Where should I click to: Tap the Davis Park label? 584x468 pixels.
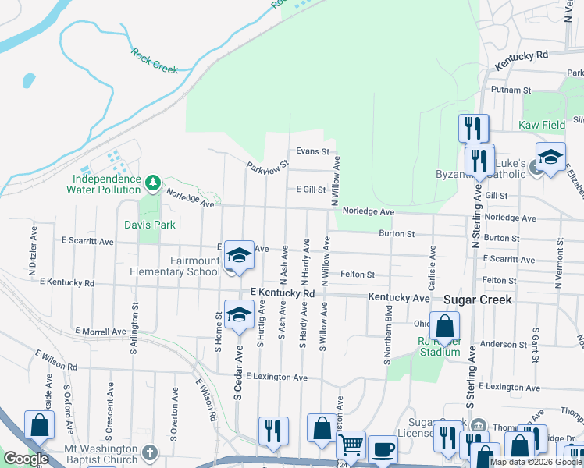[150, 225]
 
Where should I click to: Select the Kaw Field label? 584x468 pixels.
[542, 125]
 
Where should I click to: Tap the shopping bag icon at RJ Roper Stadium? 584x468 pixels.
[444, 328]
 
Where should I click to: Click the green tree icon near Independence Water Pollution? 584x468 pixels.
[153, 183]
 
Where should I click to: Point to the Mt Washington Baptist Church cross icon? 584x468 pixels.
[151, 452]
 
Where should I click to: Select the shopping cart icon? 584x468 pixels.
[351, 445]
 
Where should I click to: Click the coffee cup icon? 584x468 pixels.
[383, 450]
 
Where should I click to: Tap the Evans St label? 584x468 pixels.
[312, 151]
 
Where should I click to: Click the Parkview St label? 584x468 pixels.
[268, 168]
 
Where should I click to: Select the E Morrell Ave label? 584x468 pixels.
[101, 331]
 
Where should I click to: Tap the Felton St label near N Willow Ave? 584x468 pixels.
[358, 275]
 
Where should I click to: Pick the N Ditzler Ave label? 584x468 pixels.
[34, 253]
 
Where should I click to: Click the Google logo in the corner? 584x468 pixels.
[26, 459]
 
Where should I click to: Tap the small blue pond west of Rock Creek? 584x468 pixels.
[29, 80]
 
